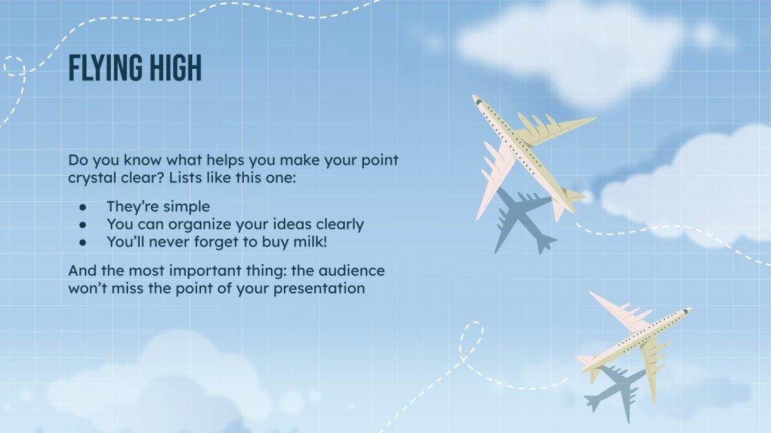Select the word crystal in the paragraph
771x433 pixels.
tap(94, 178)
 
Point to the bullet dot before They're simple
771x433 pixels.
tap(83, 207)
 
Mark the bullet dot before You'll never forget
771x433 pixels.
tap(83, 242)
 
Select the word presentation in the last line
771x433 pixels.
tap(319, 288)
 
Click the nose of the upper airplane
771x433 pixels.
tap(476, 99)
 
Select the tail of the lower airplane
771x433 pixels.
tap(586, 361)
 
